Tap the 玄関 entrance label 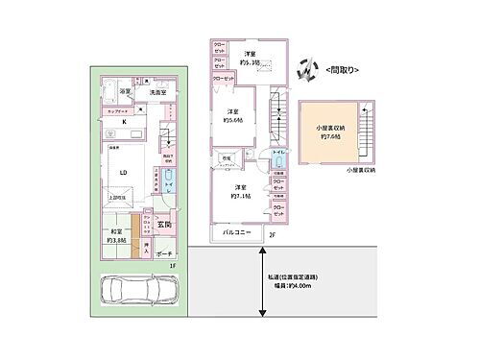click(163, 227)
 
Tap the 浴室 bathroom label click(125, 89)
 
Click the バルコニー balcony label click(237, 233)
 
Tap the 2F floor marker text click(273, 234)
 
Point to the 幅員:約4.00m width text click(294, 284)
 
